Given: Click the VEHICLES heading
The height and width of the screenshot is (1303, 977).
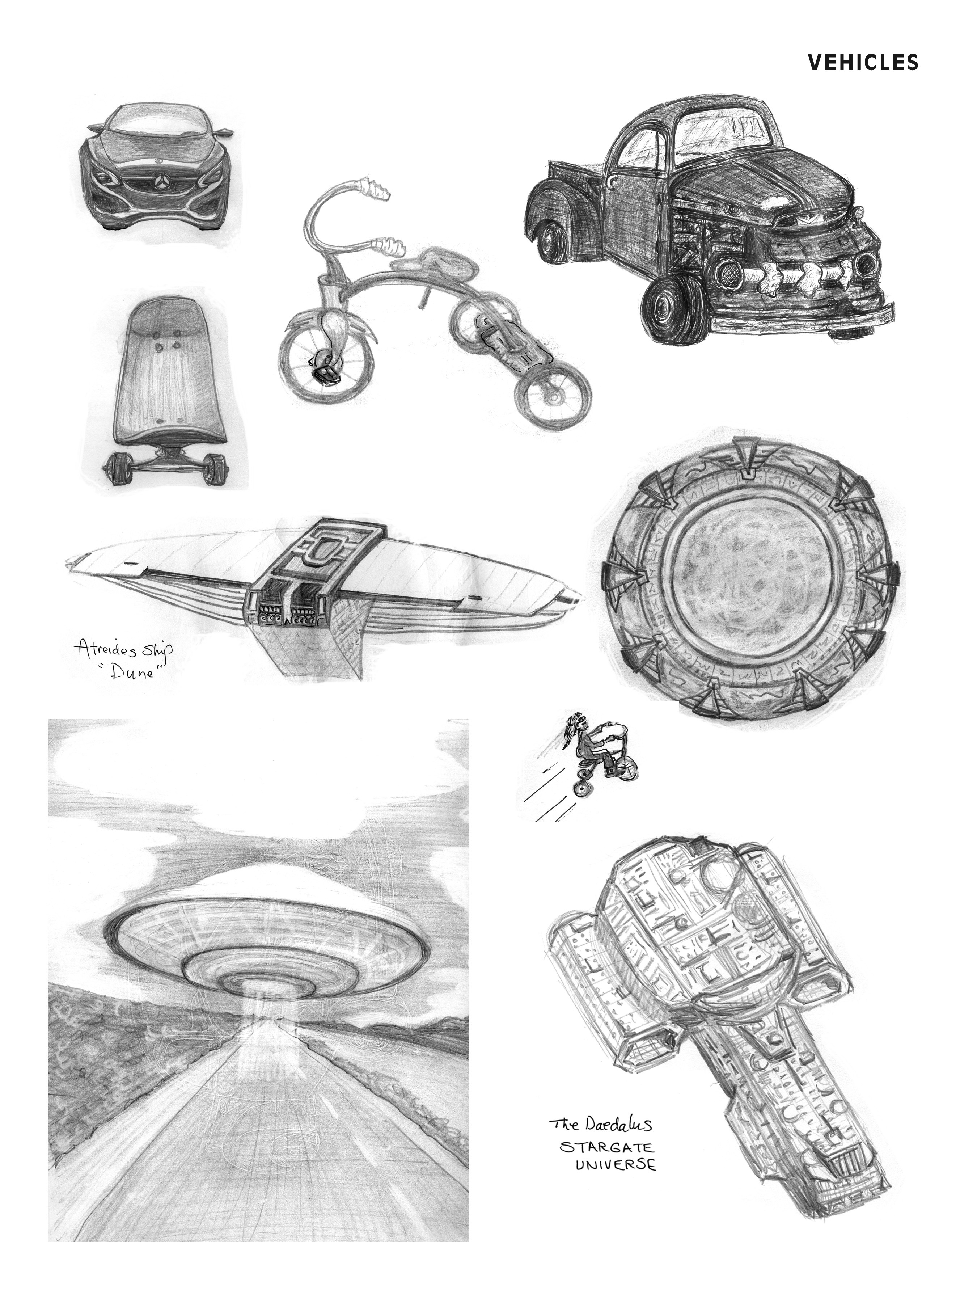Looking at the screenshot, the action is pyautogui.click(x=863, y=63).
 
